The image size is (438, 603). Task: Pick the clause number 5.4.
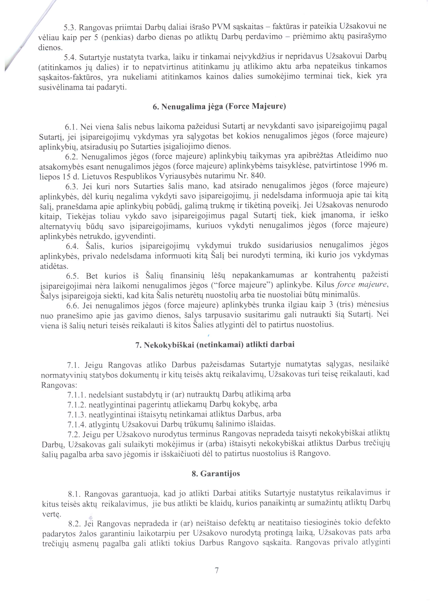pos(70,57)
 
